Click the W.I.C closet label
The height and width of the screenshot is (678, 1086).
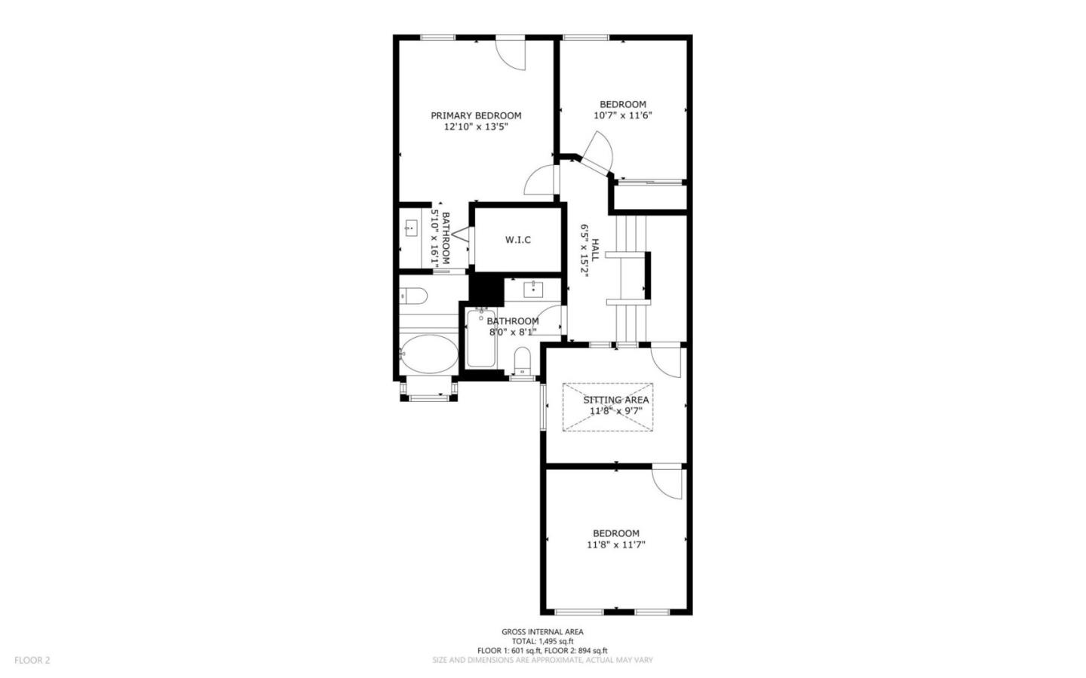(517, 240)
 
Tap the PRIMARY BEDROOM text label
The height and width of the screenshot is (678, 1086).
(476, 115)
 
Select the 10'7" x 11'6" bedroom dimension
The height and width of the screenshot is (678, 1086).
(622, 116)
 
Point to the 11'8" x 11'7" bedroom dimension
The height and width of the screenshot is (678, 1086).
(616, 545)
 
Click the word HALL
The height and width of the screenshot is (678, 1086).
(595, 250)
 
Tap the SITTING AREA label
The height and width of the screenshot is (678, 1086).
(615, 400)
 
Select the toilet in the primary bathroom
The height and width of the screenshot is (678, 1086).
(413, 295)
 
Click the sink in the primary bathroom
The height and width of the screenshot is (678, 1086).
(411, 226)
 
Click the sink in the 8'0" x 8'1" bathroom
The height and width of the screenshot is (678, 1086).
(534, 289)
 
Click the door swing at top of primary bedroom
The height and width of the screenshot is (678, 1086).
(511, 54)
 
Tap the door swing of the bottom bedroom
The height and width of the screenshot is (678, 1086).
(667, 483)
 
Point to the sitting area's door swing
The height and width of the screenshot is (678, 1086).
(666, 360)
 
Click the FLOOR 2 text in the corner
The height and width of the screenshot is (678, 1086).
(32, 660)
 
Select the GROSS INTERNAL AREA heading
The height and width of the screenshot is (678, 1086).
(542, 632)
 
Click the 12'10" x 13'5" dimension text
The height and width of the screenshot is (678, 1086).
(476, 127)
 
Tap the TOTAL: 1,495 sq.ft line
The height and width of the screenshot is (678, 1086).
(542, 641)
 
